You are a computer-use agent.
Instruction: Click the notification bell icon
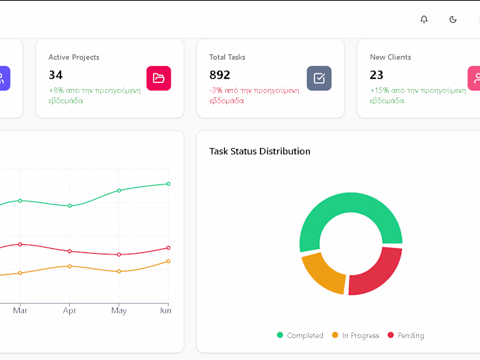pos(424,19)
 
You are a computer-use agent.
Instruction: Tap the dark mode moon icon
pos(453,19)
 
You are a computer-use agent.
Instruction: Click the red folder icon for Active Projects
pos(158,78)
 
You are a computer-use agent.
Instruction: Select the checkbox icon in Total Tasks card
pos(319,78)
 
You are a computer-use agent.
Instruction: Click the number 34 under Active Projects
pos(56,75)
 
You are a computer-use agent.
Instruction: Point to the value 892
pos(219,75)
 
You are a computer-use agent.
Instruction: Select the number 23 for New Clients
pos(376,75)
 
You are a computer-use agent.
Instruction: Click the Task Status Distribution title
pos(260,151)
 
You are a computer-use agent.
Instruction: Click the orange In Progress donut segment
pos(321,272)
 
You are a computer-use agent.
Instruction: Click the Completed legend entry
pos(300,335)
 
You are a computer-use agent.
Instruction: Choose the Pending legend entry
pos(406,335)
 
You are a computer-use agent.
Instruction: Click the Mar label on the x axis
pos(21,311)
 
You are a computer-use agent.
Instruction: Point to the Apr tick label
pos(69,311)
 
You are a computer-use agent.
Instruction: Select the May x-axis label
pos(119,311)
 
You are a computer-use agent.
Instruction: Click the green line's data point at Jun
pos(168,184)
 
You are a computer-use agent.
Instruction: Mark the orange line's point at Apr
pos(69,266)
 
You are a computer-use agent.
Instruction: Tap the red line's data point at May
pos(119,254)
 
